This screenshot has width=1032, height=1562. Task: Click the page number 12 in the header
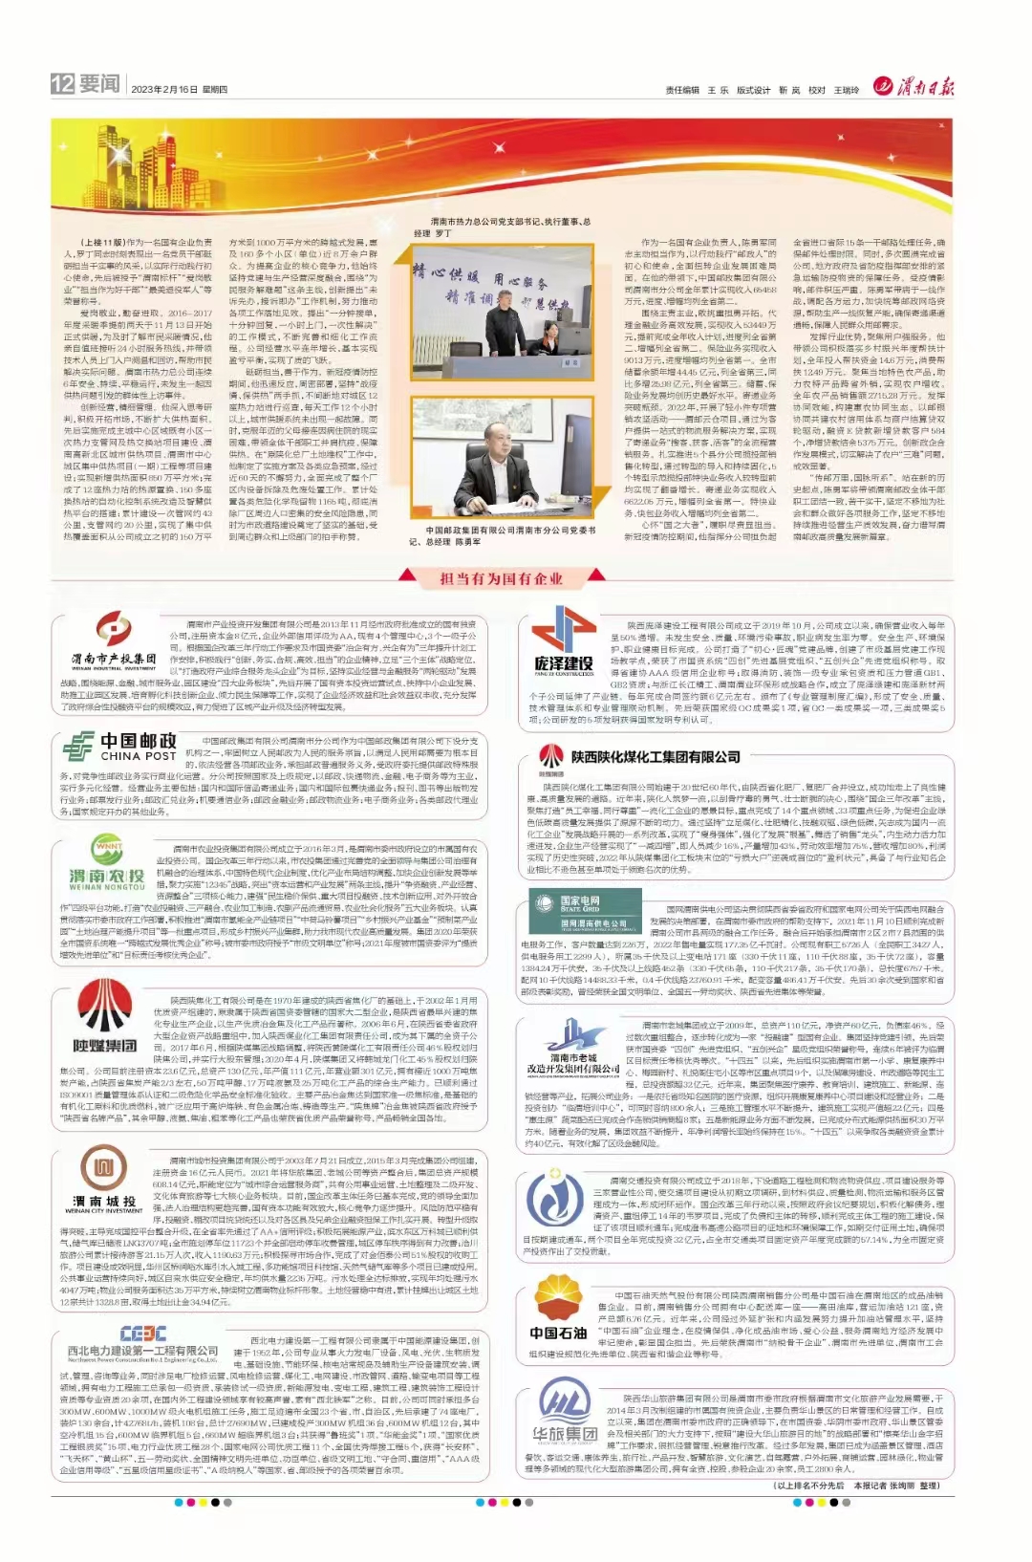tap(62, 84)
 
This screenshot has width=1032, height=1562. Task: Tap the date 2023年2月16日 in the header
tap(164, 90)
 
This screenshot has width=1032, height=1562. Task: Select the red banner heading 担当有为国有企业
tap(502, 578)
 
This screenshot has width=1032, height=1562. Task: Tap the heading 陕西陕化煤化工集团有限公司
tap(656, 756)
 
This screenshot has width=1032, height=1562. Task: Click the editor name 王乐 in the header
tap(718, 90)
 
